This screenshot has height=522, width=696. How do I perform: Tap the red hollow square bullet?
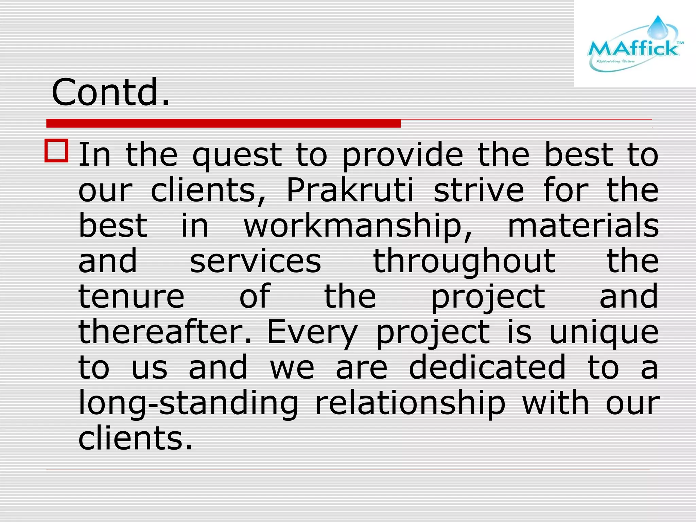(x=56, y=150)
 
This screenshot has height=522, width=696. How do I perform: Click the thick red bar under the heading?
(x=223, y=123)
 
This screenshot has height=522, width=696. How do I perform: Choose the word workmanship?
(x=358, y=226)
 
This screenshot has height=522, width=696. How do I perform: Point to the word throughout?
(x=464, y=262)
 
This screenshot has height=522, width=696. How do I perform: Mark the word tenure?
(x=131, y=296)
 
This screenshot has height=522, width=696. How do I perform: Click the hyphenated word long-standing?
(x=188, y=404)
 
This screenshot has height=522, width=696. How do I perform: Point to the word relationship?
(x=410, y=404)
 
